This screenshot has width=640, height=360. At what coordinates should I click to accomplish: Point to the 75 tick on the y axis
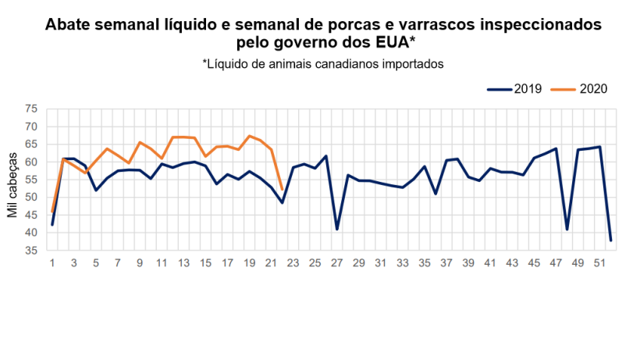point(31,109)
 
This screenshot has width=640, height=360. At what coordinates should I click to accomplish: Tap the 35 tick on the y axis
point(31,251)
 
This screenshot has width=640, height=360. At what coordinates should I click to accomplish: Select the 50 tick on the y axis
point(31,198)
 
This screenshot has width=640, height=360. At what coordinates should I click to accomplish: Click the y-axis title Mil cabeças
point(13,180)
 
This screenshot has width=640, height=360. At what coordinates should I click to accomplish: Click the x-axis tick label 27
point(336,264)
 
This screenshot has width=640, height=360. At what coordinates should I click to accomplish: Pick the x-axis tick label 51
point(599,264)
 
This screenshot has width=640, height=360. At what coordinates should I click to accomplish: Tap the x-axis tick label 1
point(52,264)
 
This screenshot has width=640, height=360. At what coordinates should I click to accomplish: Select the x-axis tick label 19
point(249,264)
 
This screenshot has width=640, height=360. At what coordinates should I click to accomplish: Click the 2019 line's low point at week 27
point(336,229)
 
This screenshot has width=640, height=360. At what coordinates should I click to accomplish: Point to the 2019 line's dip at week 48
point(567,229)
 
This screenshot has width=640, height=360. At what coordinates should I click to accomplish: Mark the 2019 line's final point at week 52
point(610,240)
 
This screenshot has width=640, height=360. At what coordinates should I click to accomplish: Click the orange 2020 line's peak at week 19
point(249,136)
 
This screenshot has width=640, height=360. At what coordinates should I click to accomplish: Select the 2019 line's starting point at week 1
point(52,225)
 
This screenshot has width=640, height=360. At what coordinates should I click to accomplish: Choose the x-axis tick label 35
point(424,264)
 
